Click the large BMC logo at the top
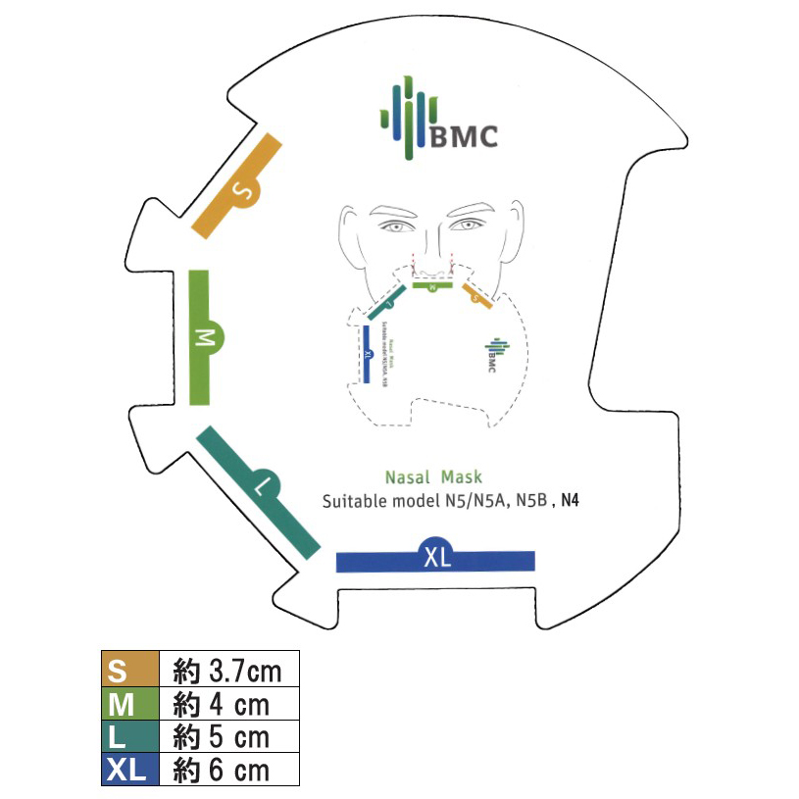439,124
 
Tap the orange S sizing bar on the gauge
239,185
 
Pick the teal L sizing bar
259,488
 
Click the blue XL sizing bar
435,560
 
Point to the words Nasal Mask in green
433,477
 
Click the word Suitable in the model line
357,501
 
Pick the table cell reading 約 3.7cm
228,671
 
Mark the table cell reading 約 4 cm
228,704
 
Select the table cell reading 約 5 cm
228,736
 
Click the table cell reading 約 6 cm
228,770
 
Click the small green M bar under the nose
430,287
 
